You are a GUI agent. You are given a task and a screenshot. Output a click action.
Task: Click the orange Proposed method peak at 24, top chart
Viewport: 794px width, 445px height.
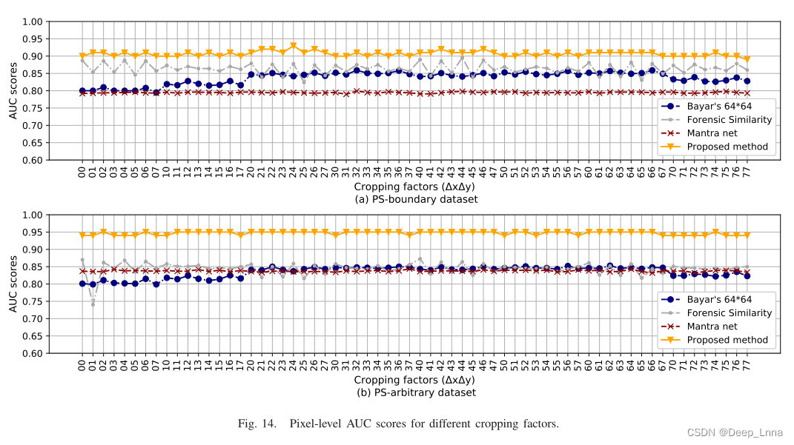[x=294, y=46]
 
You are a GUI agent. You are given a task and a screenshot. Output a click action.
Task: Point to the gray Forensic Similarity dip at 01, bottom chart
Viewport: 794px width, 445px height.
[x=93, y=304]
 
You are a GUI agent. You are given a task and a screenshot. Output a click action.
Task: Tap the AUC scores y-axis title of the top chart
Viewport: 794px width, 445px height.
[x=13, y=91]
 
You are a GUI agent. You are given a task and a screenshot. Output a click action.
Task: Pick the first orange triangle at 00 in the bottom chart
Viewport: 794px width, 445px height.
[x=82, y=235]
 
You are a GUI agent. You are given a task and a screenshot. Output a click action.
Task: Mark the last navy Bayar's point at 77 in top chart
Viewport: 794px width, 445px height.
[x=747, y=81]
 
